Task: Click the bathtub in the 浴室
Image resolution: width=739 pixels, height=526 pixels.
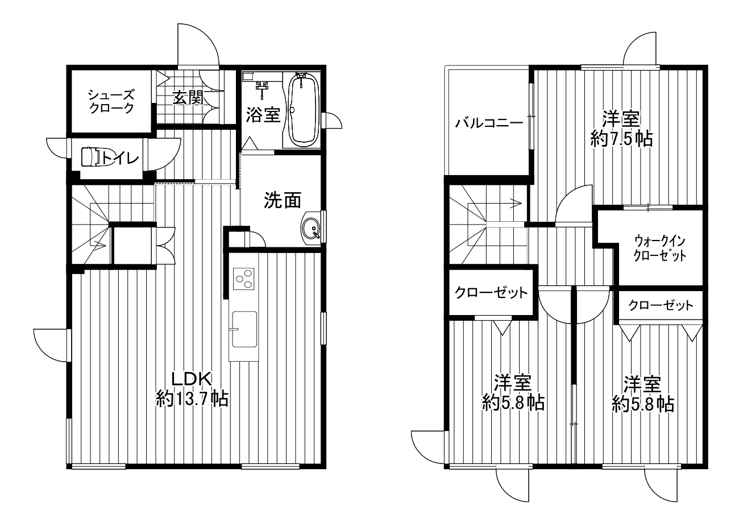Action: pos(303,110)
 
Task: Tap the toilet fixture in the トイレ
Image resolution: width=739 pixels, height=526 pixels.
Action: pos(92,157)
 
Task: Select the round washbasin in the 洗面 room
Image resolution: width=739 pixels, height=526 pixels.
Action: pos(310,228)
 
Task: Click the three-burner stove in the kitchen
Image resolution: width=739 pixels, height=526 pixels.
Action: pos(244,279)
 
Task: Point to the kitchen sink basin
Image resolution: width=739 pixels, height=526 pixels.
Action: pos(244,329)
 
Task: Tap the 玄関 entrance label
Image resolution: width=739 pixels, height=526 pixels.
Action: pos(188,98)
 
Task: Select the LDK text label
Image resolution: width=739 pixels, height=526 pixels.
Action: pos(192,379)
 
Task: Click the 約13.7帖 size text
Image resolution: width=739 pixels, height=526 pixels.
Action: pos(192,399)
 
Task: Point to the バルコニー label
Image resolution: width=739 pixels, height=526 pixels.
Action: pos(489,123)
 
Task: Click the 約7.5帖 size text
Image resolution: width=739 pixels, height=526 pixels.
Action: pos(621,139)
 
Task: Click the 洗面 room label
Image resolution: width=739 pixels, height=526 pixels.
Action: pos(283,200)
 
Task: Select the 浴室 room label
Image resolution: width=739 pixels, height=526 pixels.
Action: pos(263,115)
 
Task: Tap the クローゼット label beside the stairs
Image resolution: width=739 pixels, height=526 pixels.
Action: pos(491,293)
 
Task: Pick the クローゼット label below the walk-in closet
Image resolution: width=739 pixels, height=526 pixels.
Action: pos(661,305)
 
